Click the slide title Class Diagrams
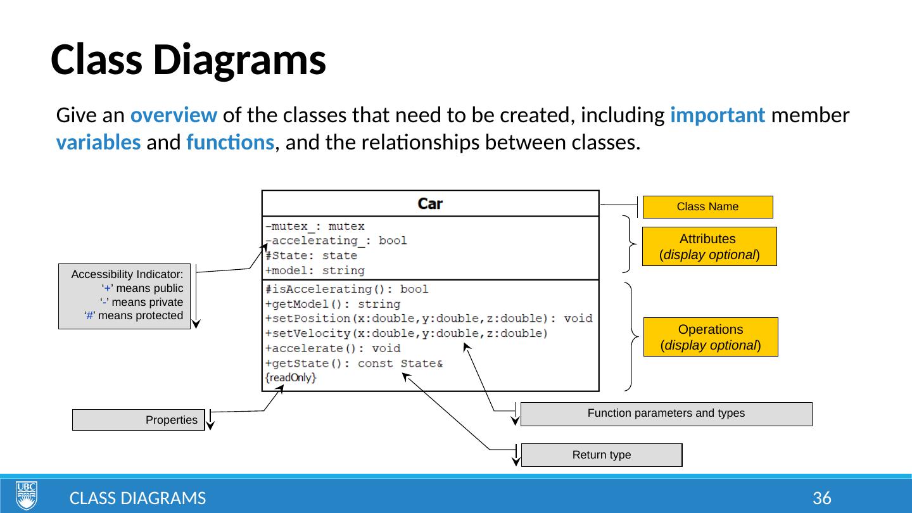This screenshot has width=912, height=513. (x=188, y=61)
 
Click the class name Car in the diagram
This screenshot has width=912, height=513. (x=430, y=204)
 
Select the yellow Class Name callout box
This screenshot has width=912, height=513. (x=707, y=206)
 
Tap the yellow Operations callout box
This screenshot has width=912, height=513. (x=710, y=337)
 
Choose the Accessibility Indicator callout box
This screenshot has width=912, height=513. (x=125, y=295)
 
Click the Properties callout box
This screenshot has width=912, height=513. (x=139, y=420)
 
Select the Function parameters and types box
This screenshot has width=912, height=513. (x=666, y=414)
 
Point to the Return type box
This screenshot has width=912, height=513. (x=601, y=455)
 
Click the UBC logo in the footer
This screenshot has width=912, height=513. (x=27, y=495)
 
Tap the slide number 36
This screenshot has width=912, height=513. (x=821, y=498)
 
